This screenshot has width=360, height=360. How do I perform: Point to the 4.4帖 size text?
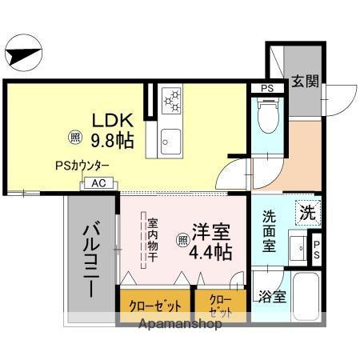[x=210, y=252]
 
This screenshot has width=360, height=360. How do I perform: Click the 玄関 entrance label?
[x=305, y=81]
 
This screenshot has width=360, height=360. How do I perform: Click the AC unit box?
[x=98, y=183]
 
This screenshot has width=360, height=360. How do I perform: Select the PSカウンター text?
[x=83, y=166]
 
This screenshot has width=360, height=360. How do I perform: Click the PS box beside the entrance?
[x=267, y=87]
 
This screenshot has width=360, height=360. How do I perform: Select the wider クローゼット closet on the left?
[x=154, y=305]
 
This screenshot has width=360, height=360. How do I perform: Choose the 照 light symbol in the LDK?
[x=74, y=137]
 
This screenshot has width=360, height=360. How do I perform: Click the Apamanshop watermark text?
[x=180, y=326]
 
